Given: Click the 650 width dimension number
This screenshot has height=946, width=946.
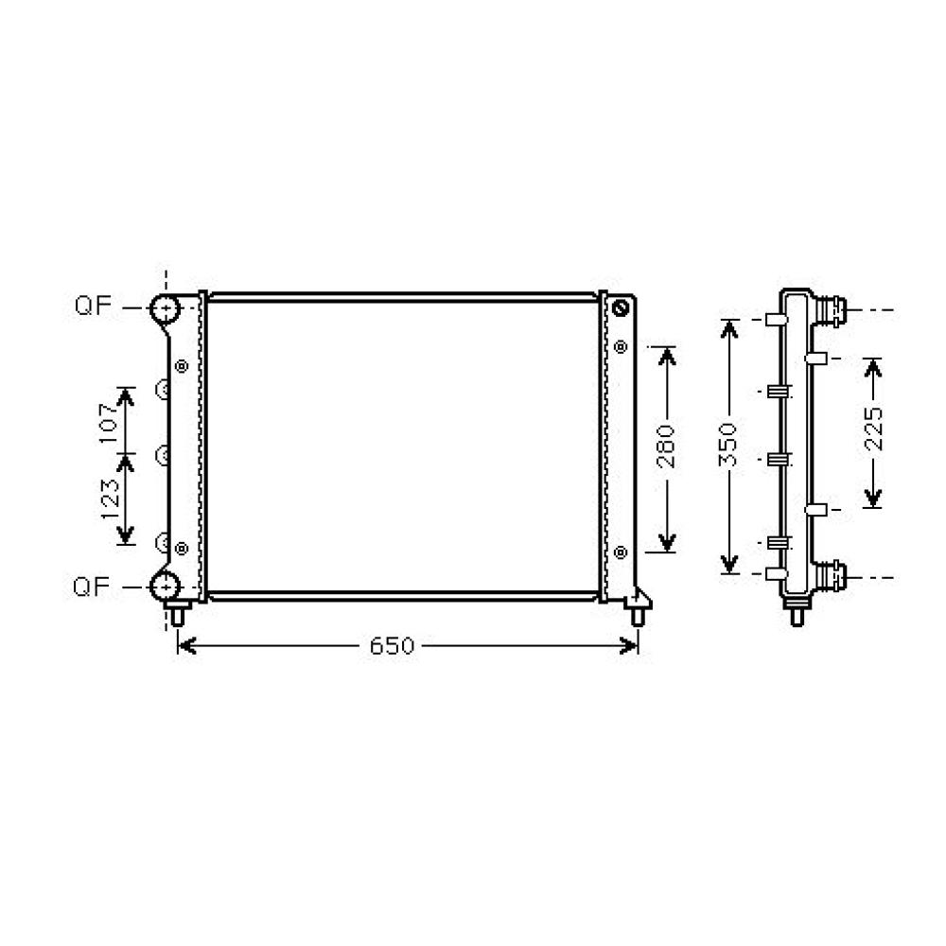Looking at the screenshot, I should [392, 646].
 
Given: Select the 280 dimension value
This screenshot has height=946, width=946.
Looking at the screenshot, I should [666, 447].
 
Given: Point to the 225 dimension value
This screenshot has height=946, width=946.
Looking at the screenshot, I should [873, 430].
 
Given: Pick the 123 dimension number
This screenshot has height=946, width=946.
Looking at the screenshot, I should [109, 498].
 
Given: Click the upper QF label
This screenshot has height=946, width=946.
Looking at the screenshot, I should [93, 307].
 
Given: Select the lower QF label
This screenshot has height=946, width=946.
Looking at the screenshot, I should [93, 586].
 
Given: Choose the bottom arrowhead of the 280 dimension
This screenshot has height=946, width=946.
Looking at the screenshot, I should [667, 543].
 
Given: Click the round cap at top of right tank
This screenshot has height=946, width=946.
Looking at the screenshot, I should [621, 308].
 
